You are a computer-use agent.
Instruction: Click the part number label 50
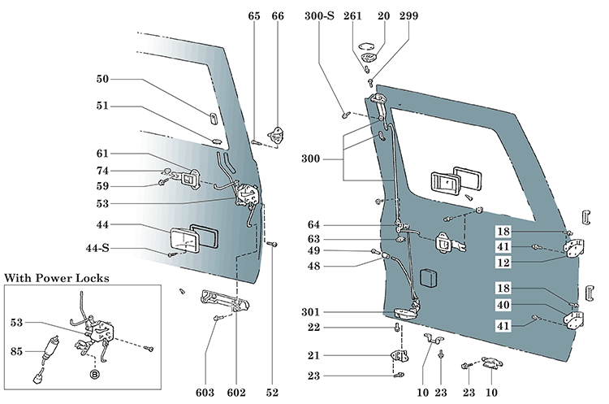[103, 80]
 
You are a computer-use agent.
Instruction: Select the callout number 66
[278, 15]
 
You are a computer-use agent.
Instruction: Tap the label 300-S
[319, 15]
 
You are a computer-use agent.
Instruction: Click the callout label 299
[408, 15]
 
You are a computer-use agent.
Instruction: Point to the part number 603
[205, 393]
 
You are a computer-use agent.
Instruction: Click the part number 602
[236, 393]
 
